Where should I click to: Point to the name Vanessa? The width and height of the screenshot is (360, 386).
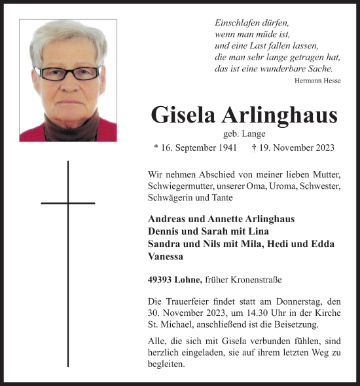tap(166, 258)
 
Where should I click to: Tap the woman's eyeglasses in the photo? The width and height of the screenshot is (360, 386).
tap(68, 73)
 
